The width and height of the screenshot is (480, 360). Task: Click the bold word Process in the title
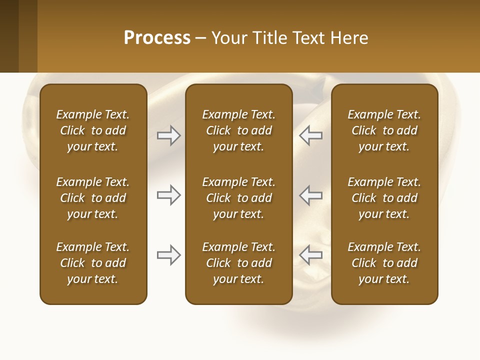[x=157, y=38]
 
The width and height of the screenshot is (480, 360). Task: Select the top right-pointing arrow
[x=169, y=135]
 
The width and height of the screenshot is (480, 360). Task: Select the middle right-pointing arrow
[x=169, y=195]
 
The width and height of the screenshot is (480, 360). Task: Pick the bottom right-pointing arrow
[x=169, y=255]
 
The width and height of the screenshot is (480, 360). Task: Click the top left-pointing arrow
[x=310, y=135]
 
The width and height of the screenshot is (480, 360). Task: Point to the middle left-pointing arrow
[x=310, y=195]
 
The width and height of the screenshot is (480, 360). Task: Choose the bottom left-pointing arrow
[x=310, y=255]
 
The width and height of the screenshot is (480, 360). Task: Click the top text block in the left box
[x=93, y=130]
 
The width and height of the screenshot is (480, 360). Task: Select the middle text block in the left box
[x=93, y=198]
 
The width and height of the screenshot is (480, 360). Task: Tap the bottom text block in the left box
[x=93, y=263]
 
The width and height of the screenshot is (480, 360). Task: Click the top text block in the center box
[x=238, y=130]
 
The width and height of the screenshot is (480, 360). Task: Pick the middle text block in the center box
[x=238, y=198]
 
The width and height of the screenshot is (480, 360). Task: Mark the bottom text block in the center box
[x=238, y=263]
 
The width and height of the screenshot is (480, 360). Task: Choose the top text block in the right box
[x=384, y=130]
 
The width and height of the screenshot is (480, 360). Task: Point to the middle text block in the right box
[x=384, y=198]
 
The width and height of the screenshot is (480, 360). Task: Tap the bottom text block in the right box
[x=384, y=263]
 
